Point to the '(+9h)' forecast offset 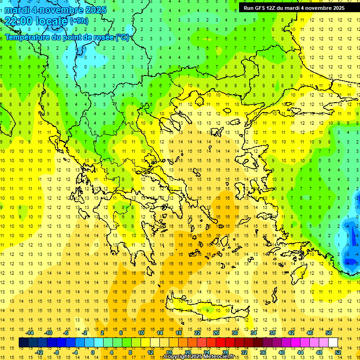(x=78, y=21)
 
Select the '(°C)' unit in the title (x=122, y=37)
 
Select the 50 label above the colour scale (x=328, y=333)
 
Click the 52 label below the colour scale (x=338, y=352)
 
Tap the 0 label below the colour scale (x=92, y=352)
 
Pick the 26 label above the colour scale (x=216, y=333)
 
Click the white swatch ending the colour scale (x=333, y=343)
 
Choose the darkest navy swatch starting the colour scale (x=23, y=343)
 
